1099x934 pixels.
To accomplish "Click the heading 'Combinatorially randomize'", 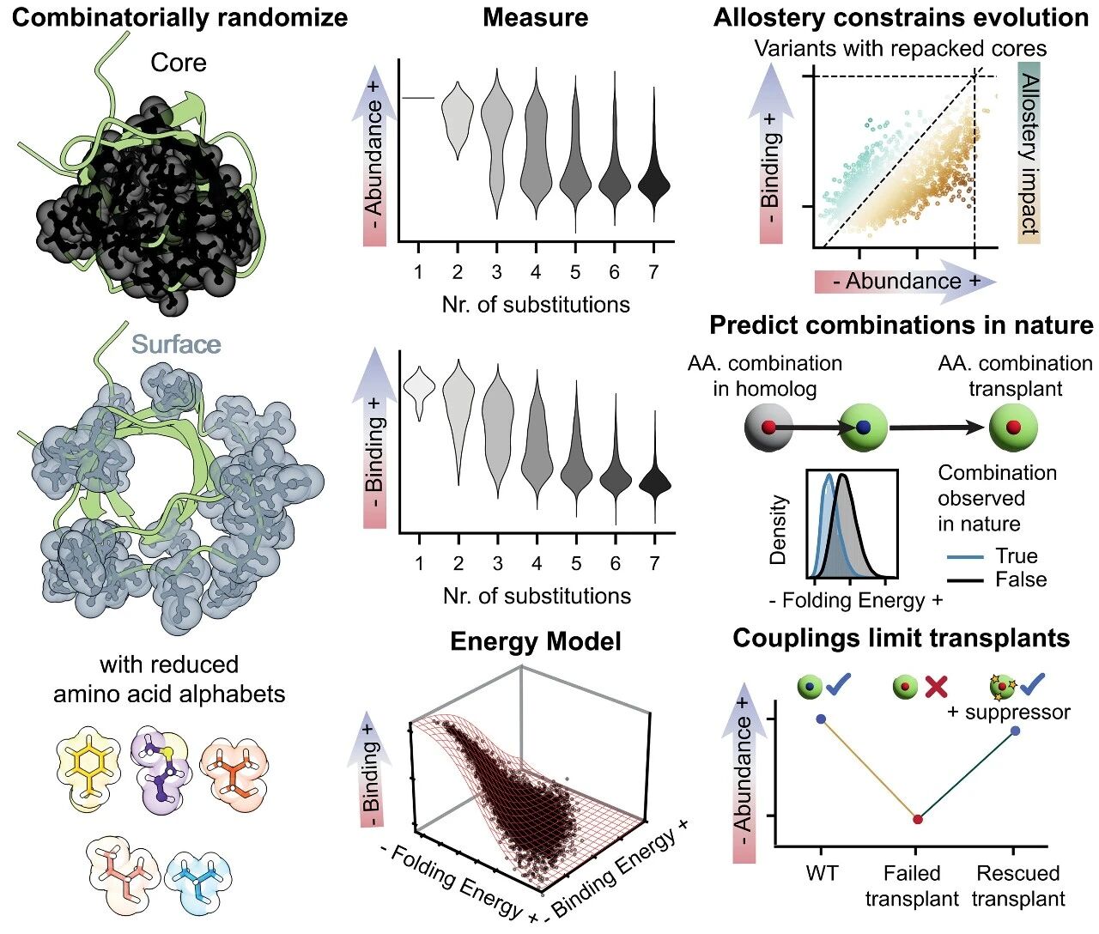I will pyautogui.click(x=179, y=18).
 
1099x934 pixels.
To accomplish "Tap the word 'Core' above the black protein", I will pyautogui.click(x=179, y=63).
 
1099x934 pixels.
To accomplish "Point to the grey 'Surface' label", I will pyautogui.click(x=176, y=344).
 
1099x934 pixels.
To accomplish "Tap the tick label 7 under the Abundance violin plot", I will pyautogui.click(x=653, y=272).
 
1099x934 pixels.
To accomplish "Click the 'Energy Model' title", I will pyautogui.click(x=535, y=641).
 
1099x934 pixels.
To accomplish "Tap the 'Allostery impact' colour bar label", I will pyautogui.click(x=1029, y=155).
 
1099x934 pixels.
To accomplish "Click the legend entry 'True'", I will pyautogui.click(x=1017, y=555).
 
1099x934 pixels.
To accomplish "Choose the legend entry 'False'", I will pyautogui.click(x=1020, y=579).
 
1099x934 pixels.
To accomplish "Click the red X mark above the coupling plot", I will pyautogui.click(x=936, y=687).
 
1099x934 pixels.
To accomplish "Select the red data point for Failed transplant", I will pyautogui.click(x=917, y=820).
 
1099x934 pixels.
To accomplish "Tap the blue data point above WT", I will pyautogui.click(x=821, y=719).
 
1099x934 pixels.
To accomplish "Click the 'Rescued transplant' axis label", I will pyautogui.click(x=1018, y=886).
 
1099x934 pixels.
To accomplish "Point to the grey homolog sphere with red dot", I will pyautogui.click(x=768, y=427).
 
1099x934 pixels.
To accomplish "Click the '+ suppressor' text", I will pyautogui.click(x=1009, y=713).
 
